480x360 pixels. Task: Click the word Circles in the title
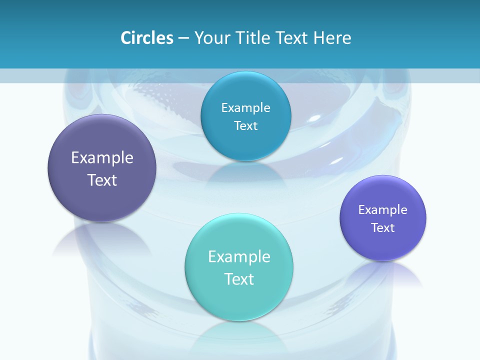click(x=146, y=37)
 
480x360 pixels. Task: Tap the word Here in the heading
click(x=332, y=37)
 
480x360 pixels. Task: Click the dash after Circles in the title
click(x=183, y=38)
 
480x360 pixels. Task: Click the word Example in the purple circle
click(x=102, y=158)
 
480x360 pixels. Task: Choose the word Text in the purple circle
click(x=102, y=180)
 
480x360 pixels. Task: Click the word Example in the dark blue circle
click(x=245, y=108)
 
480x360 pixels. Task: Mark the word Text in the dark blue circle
click(x=245, y=126)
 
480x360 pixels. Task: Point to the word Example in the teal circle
click(x=239, y=257)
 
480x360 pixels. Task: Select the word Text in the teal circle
click(x=239, y=279)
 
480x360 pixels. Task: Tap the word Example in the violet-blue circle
click(x=383, y=210)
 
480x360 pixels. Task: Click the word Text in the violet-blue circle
click(x=383, y=228)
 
